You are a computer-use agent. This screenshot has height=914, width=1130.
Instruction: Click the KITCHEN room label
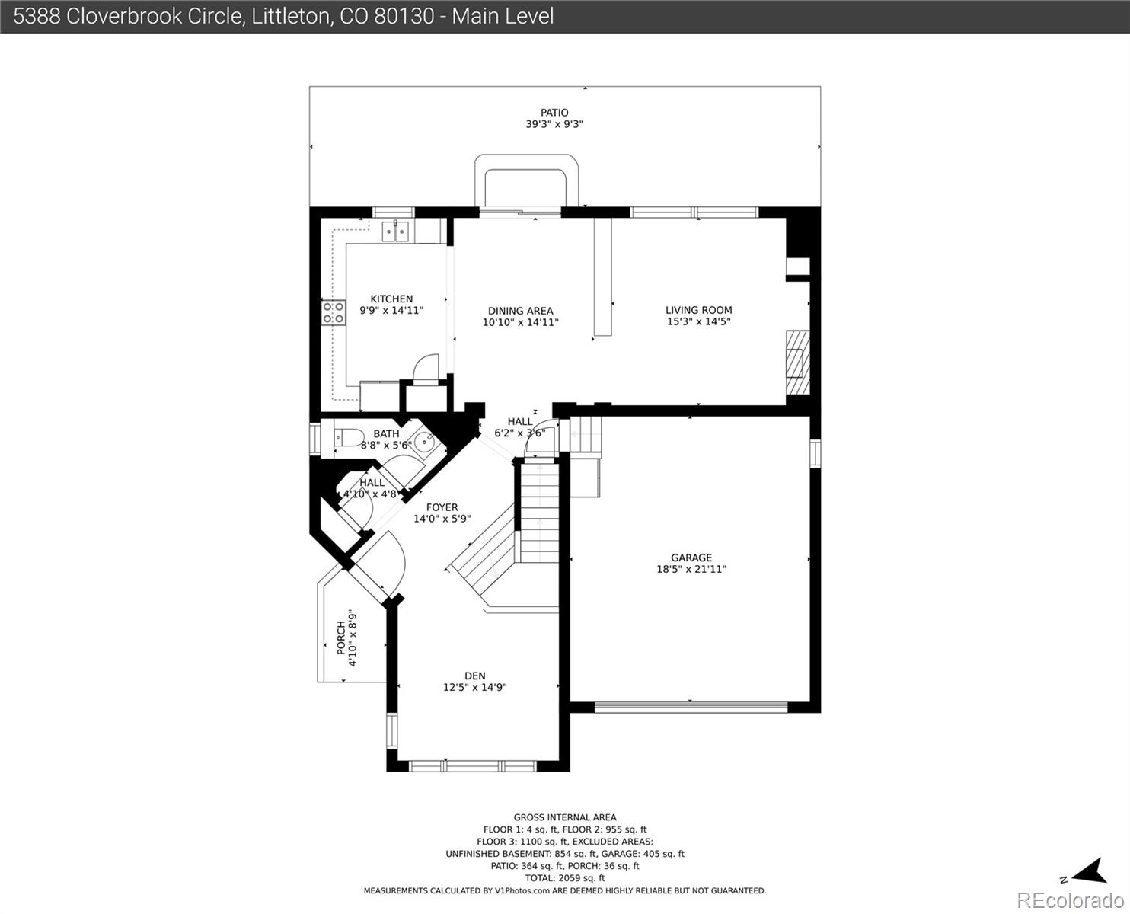point(391,299)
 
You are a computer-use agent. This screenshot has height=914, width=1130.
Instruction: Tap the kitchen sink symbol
point(395,232)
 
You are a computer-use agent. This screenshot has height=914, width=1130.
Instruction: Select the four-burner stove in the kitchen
point(334,312)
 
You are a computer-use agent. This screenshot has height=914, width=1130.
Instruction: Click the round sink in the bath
point(424,441)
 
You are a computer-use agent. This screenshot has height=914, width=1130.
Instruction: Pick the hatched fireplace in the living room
point(798,363)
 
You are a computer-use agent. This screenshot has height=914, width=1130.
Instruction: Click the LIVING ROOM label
point(699,310)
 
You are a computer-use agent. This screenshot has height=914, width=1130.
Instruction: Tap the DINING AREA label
point(520,311)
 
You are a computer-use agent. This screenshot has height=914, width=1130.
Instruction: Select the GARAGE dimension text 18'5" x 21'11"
point(691,569)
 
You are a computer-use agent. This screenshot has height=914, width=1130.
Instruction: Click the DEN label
point(475,676)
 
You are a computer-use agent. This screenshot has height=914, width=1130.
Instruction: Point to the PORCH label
point(341,638)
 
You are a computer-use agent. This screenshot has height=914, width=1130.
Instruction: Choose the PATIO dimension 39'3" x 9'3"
point(554,124)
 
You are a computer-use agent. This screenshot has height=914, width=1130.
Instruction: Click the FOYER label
point(442,507)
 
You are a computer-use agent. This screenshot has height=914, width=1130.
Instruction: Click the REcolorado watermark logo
point(1071,900)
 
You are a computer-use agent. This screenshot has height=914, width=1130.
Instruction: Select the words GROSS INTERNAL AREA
point(565,817)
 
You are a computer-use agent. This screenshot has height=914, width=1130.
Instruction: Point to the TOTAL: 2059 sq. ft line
point(565,878)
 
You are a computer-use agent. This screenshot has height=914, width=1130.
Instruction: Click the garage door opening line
point(691,706)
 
